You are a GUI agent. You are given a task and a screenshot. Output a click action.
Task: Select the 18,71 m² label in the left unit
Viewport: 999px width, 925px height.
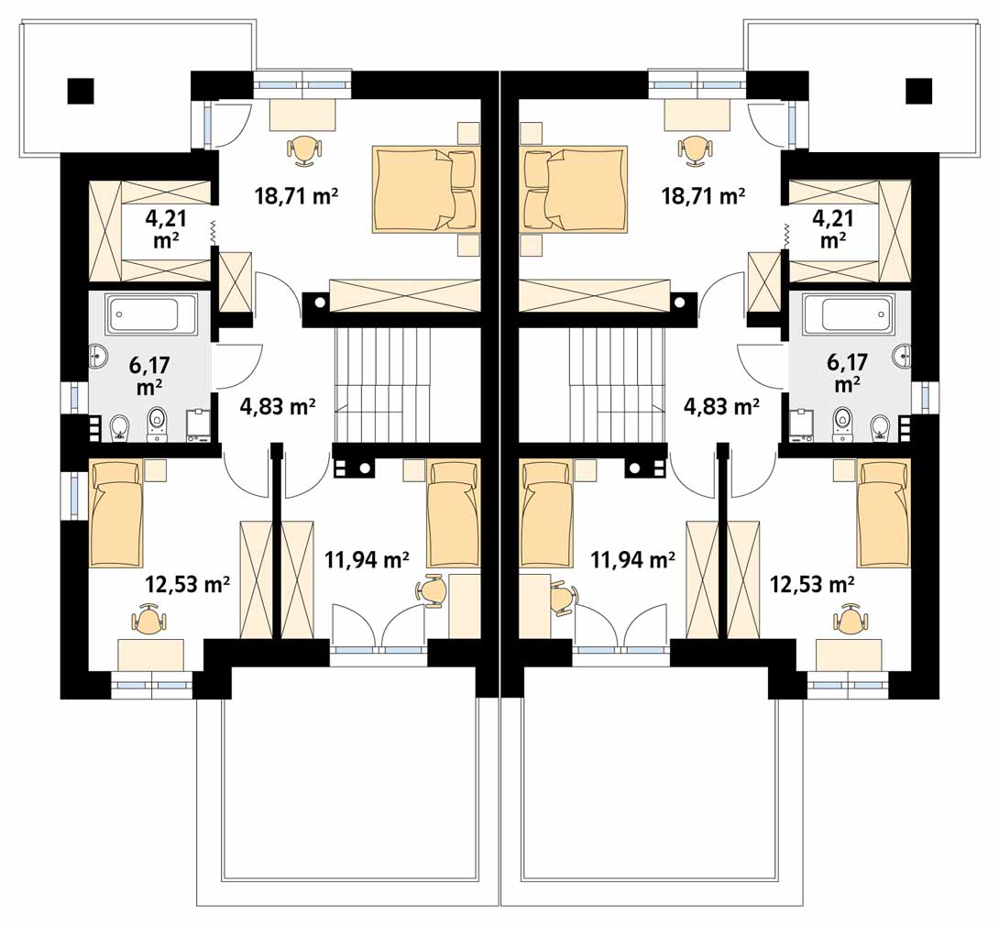(x=296, y=195)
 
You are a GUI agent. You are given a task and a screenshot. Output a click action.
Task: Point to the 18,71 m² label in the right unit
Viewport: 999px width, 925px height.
(x=703, y=195)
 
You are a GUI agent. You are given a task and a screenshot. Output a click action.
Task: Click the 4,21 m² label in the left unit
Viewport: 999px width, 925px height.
(x=166, y=229)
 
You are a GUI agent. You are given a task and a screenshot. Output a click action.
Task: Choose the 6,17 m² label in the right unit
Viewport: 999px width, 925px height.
(x=848, y=373)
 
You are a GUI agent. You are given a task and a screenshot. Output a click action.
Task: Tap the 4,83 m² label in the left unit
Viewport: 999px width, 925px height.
(x=278, y=406)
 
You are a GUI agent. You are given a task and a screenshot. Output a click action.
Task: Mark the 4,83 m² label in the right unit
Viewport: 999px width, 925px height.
(x=721, y=406)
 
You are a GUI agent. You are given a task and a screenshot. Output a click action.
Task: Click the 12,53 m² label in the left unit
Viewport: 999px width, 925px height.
(x=188, y=583)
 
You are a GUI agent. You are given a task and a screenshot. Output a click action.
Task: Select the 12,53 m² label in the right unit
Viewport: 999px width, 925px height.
(x=812, y=583)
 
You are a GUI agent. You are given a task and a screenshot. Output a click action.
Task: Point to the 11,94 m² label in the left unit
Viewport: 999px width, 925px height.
(x=367, y=560)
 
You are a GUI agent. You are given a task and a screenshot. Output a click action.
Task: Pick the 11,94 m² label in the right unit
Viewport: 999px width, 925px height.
(x=633, y=560)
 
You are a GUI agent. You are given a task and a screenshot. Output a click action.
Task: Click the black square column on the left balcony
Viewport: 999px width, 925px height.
(x=81, y=91)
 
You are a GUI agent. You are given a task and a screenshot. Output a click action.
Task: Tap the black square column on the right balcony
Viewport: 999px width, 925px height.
(x=918, y=91)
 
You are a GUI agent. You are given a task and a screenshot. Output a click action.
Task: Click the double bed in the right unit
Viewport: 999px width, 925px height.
(x=574, y=190)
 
